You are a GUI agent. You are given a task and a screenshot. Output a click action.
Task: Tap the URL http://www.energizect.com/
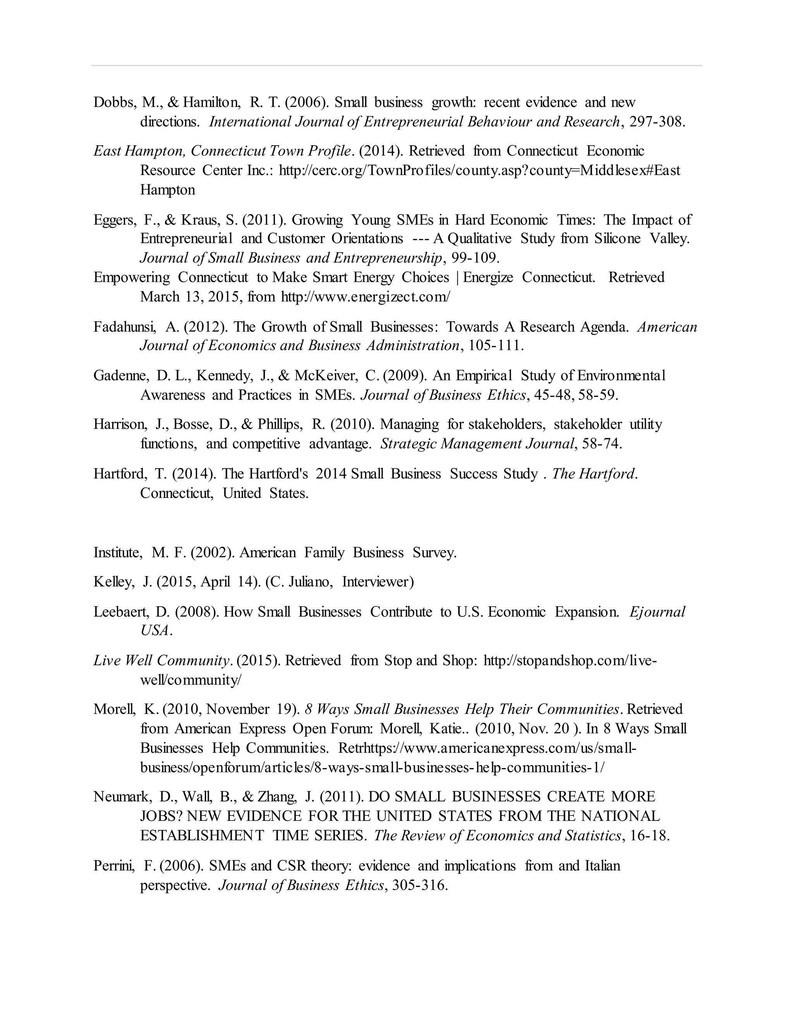coord(365,297)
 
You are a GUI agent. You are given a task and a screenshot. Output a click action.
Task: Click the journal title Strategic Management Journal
coord(477,444)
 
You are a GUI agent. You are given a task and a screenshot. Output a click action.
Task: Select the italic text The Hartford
coord(594,474)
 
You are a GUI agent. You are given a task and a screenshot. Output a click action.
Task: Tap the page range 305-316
coord(419,885)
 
